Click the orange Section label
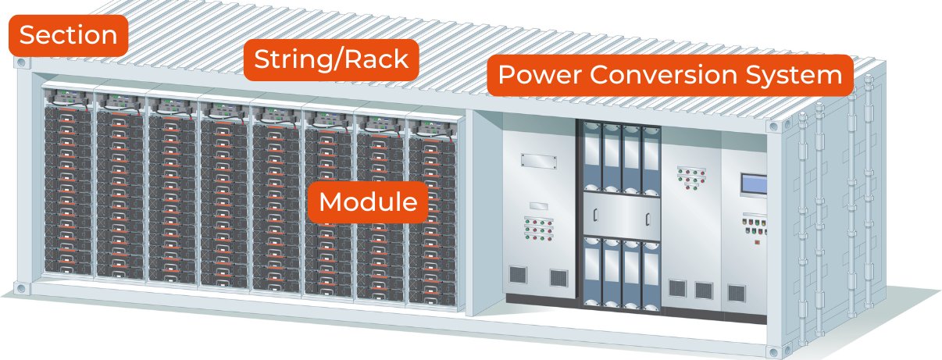point(68,35)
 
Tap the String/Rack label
point(330,59)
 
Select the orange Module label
point(368,201)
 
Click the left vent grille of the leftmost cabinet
point(517,275)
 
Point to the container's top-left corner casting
point(21,61)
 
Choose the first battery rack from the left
point(67,191)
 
